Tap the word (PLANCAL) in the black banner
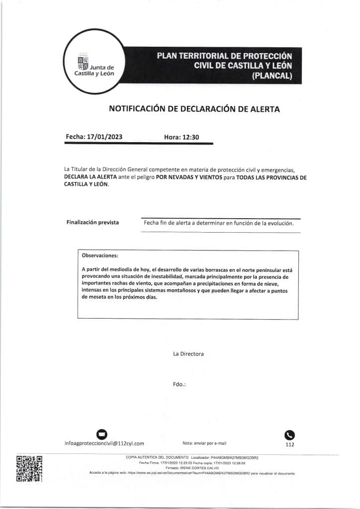271,76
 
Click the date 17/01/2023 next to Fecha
104,137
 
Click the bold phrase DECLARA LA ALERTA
90,177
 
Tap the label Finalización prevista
92,222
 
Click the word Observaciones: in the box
99,255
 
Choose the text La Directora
188,354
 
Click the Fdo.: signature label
179,384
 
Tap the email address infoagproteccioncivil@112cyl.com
104,443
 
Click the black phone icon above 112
289,433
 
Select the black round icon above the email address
101,433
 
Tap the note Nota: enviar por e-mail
204,443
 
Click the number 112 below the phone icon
290,445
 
